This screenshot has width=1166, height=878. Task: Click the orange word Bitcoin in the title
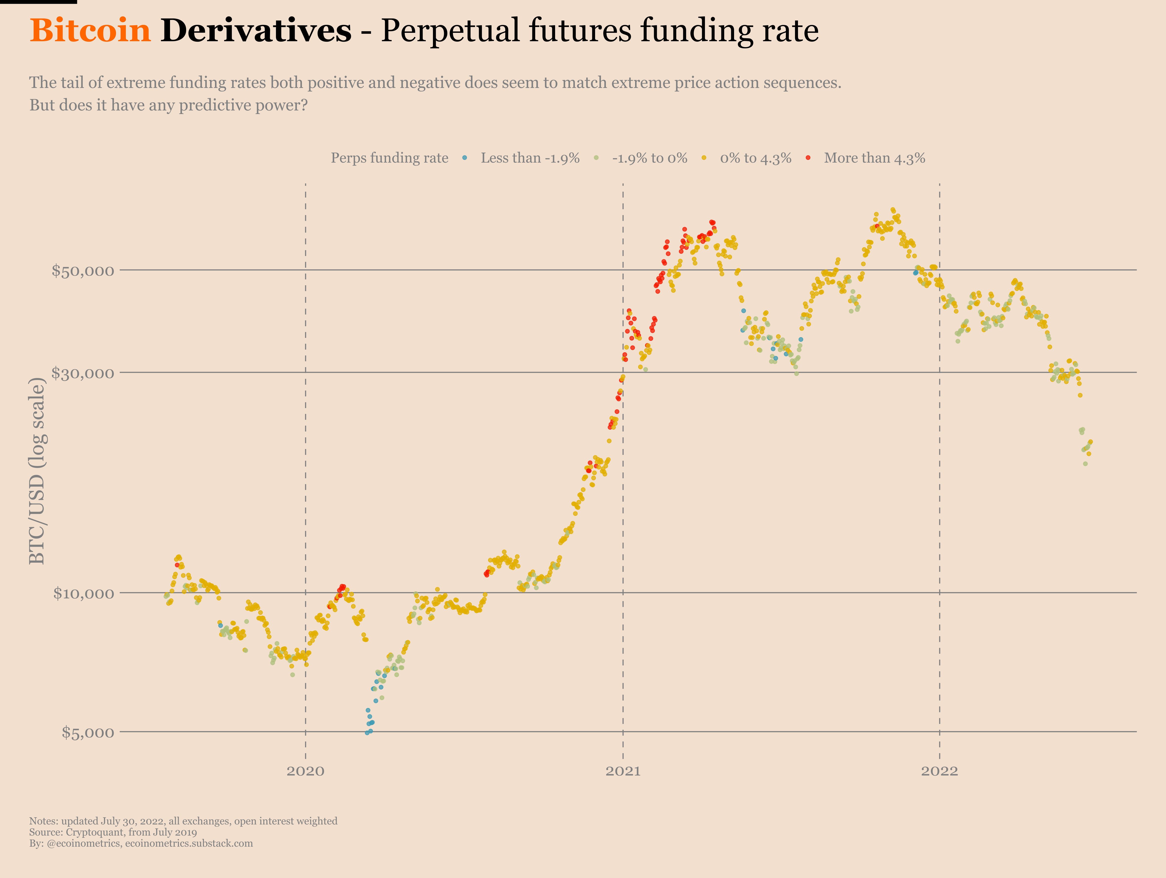coord(90,31)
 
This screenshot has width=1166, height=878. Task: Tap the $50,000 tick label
coord(83,271)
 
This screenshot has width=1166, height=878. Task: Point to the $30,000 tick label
coord(83,373)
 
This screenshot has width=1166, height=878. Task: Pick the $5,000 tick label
coord(88,732)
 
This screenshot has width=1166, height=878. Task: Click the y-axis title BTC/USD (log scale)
coord(37,471)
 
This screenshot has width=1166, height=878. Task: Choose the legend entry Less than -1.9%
coord(530,158)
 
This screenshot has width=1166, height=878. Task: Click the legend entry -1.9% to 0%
coord(649,158)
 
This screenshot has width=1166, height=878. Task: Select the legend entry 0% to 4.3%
coord(755,158)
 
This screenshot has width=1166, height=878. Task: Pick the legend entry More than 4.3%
coord(874,158)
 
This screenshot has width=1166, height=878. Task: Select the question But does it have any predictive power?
coord(168,105)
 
